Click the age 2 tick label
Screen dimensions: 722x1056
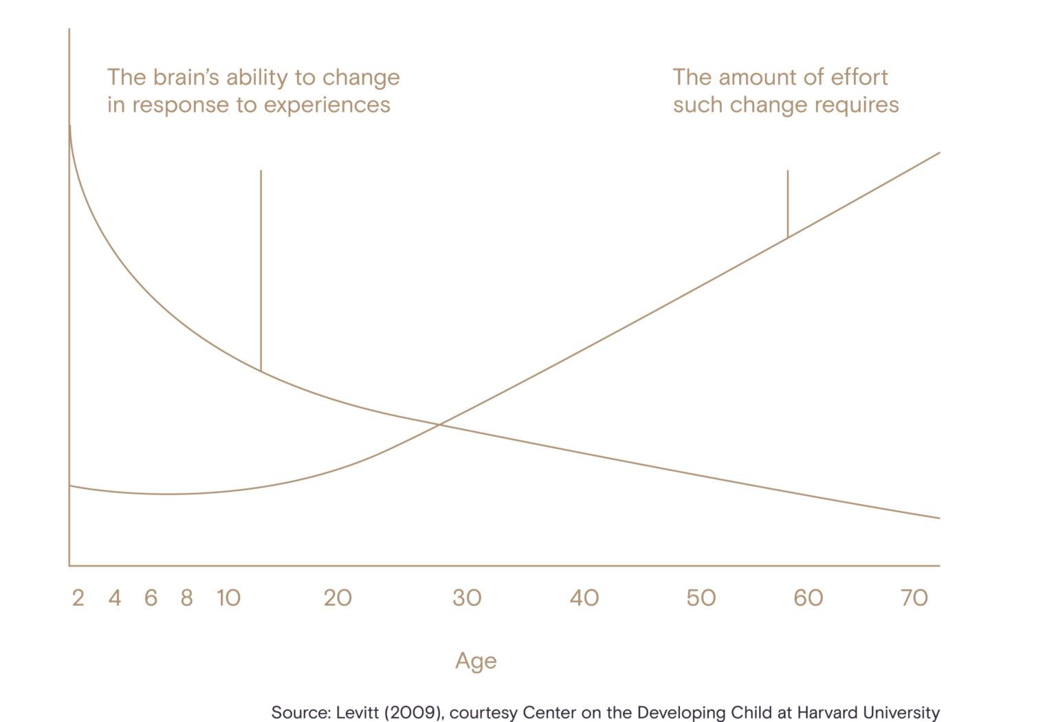point(78,598)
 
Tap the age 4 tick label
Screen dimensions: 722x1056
point(115,598)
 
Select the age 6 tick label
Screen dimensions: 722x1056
point(151,598)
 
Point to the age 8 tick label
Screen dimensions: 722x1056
point(186,598)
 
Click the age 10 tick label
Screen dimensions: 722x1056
point(229,598)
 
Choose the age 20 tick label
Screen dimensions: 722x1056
point(338,598)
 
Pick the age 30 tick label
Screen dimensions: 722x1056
point(467,598)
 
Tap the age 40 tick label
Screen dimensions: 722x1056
point(584,598)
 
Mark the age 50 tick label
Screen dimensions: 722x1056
point(701,598)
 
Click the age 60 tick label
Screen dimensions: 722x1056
point(808,598)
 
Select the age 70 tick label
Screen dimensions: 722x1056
point(914,598)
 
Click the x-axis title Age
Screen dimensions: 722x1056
point(476,661)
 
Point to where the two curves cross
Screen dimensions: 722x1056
point(439,425)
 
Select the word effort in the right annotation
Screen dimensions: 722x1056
point(859,78)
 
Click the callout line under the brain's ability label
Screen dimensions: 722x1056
point(261,268)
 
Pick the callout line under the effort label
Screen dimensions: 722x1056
point(788,203)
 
